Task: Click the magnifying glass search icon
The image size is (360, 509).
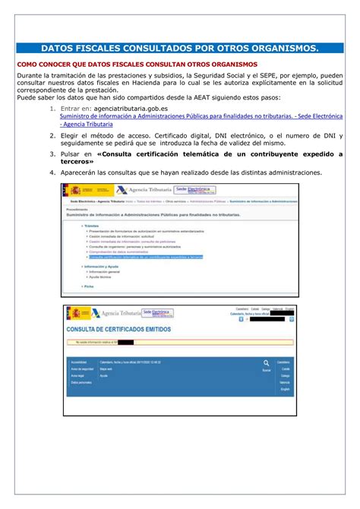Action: (x=267, y=363)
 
